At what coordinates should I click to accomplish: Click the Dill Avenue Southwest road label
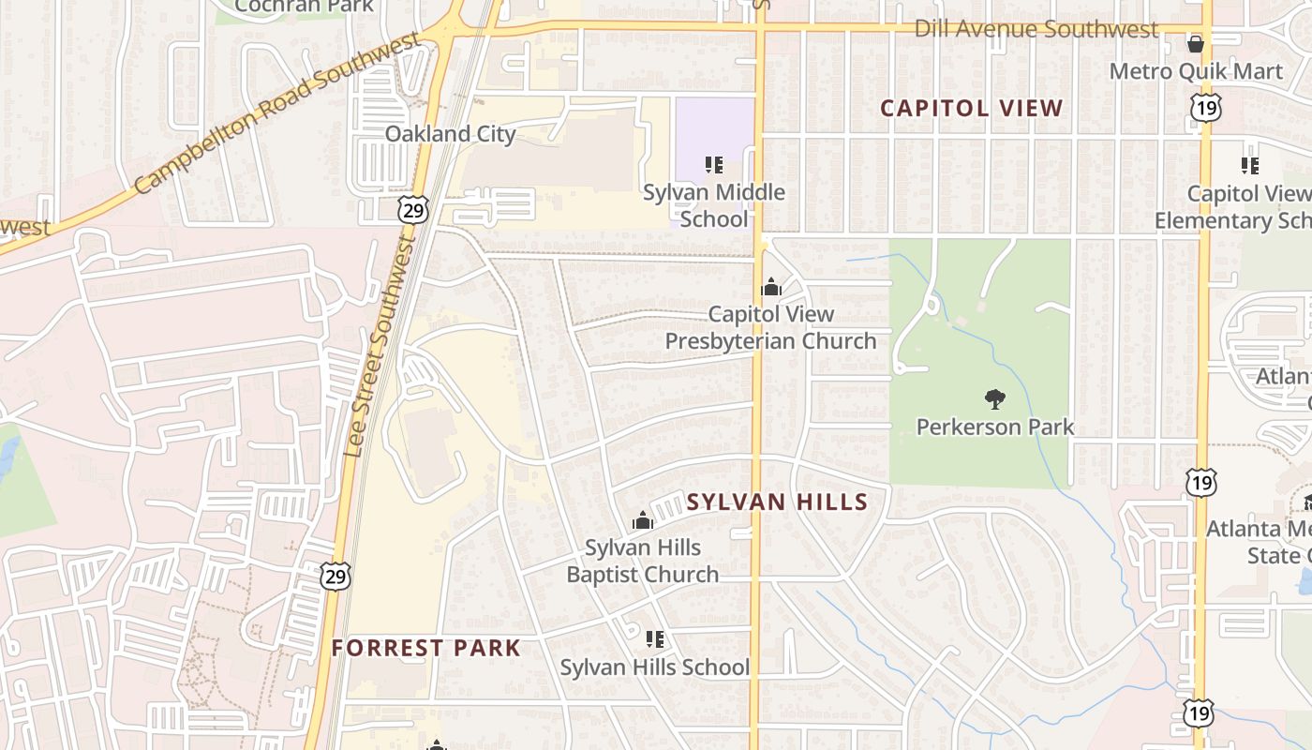[x=1036, y=29]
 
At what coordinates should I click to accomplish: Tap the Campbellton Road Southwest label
[x=277, y=113]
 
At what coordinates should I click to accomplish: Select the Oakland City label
[x=450, y=134]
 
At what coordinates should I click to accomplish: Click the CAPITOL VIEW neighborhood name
[x=972, y=109]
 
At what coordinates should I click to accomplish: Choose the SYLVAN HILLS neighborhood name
[x=777, y=502]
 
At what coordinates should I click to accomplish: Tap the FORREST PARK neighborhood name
[x=425, y=648]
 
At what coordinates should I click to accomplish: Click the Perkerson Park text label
[x=995, y=427]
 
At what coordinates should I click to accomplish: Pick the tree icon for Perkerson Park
[x=995, y=400]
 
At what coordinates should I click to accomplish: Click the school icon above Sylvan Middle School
[x=714, y=166]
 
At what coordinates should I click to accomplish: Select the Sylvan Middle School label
[x=714, y=206]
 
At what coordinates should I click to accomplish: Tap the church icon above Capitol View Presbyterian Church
[x=771, y=287]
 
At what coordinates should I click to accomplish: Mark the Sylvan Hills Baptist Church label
[x=643, y=561]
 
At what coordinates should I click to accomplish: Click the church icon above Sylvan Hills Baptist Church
[x=643, y=520]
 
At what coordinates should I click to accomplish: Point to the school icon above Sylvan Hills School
[x=655, y=639]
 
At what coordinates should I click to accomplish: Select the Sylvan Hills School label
[x=655, y=667]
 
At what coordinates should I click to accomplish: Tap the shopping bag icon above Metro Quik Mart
[x=1196, y=43]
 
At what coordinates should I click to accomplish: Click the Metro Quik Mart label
[x=1196, y=71]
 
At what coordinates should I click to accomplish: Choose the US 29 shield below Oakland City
[x=412, y=209]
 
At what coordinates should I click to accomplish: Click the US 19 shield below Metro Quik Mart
[x=1205, y=109]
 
